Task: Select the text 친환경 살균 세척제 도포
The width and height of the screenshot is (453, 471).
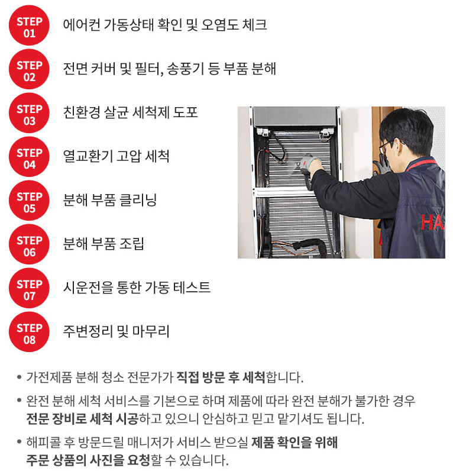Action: (130, 112)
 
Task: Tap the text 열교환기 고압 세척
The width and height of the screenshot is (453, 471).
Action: (116, 156)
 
